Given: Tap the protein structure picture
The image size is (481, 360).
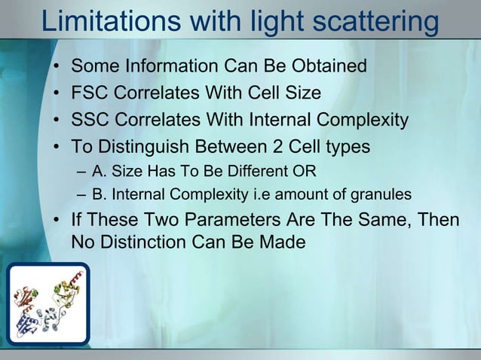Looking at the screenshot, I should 48,303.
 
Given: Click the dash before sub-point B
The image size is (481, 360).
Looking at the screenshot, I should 81,195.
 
